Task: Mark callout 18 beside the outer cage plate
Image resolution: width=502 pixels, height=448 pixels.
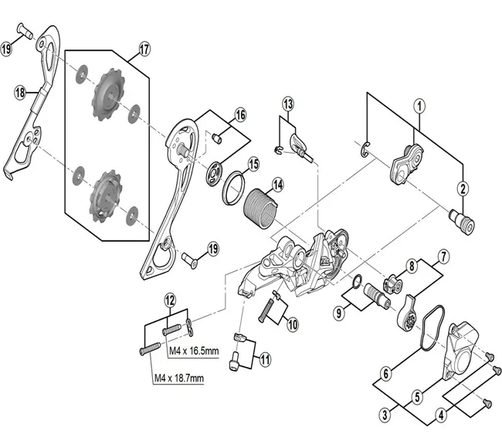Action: [20, 92]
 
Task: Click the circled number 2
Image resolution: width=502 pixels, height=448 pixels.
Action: [463, 186]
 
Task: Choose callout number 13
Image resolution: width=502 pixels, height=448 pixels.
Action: [287, 104]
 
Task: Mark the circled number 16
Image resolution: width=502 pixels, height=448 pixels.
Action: [240, 114]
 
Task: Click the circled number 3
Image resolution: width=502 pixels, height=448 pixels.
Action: [384, 416]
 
